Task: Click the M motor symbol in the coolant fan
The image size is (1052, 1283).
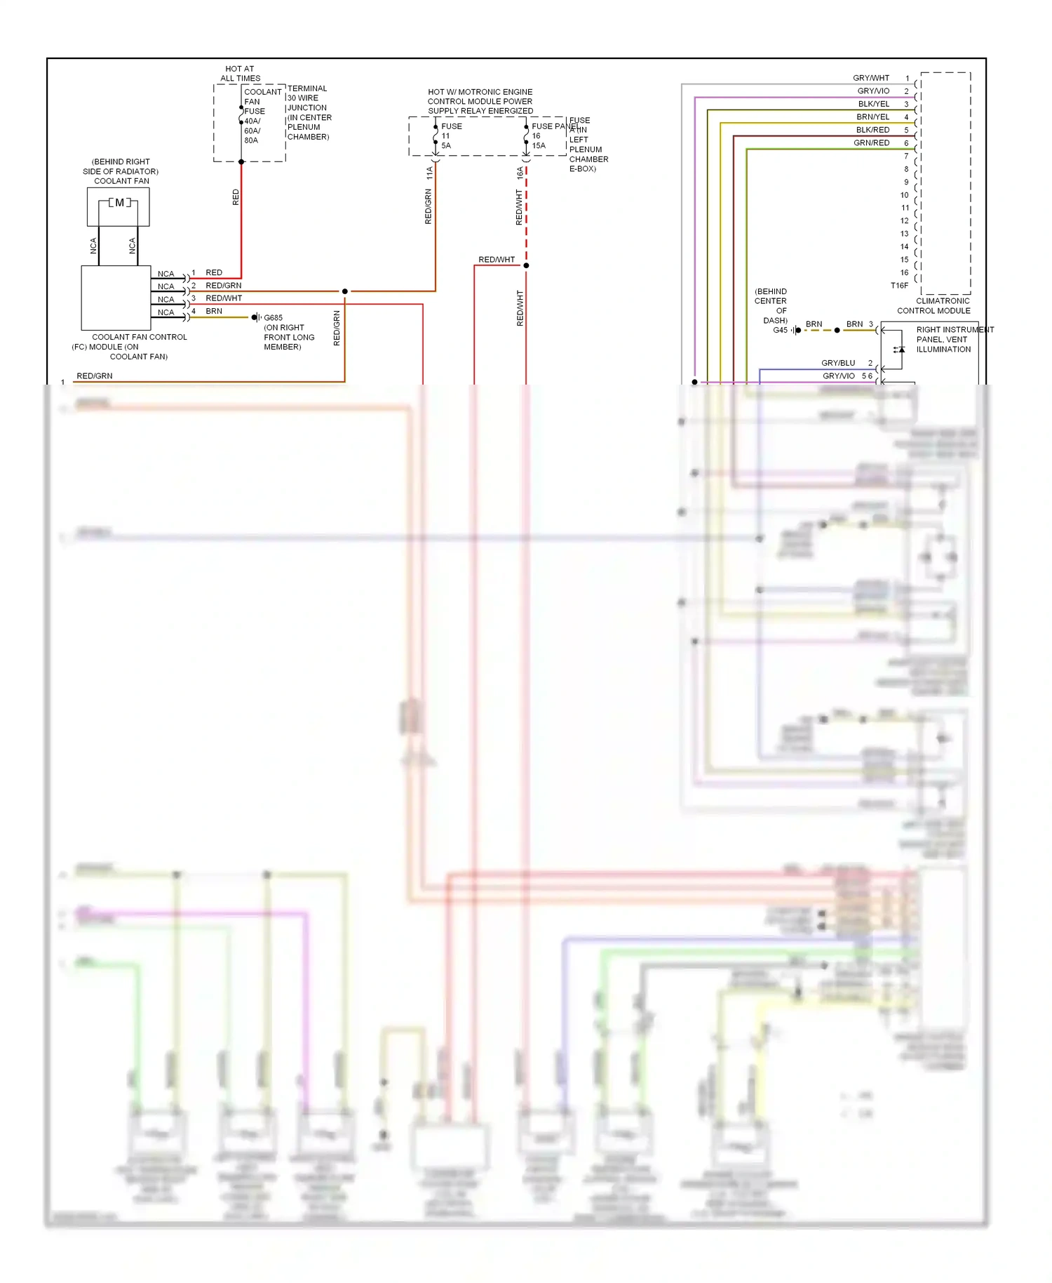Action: coord(119,203)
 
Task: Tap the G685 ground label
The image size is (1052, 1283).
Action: coord(273,318)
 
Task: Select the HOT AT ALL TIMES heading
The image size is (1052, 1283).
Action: coord(240,74)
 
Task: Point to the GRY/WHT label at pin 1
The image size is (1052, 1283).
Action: coord(870,78)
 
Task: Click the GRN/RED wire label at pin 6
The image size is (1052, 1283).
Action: coord(871,143)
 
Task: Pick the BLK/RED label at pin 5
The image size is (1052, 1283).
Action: coord(872,130)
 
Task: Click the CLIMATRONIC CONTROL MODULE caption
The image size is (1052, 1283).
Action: coord(934,306)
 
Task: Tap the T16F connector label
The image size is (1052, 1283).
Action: coord(899,286)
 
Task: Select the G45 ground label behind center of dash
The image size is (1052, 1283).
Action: coord(780,330)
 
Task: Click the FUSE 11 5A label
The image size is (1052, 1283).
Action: coord(449,136)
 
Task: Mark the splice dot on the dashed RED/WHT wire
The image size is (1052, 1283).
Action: coord(526,265)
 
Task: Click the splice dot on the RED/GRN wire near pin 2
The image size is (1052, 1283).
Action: coord(344,291)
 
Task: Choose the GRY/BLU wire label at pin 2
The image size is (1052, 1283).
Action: coord(838,363)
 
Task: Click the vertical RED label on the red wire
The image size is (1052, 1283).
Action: coord(236,197)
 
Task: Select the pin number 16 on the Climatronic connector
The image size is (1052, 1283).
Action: coord(904,272)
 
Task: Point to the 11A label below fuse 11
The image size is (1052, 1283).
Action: coord(429,173)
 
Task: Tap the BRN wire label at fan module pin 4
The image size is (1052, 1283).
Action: coord(214,311)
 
